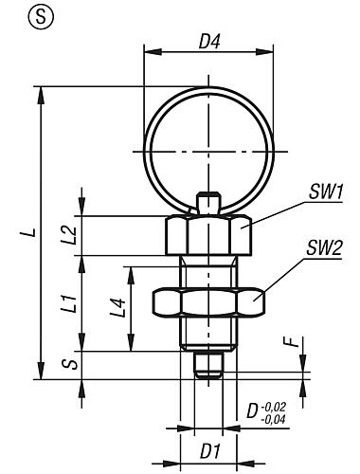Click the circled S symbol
point(14,15)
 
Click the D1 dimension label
point(204,446)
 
